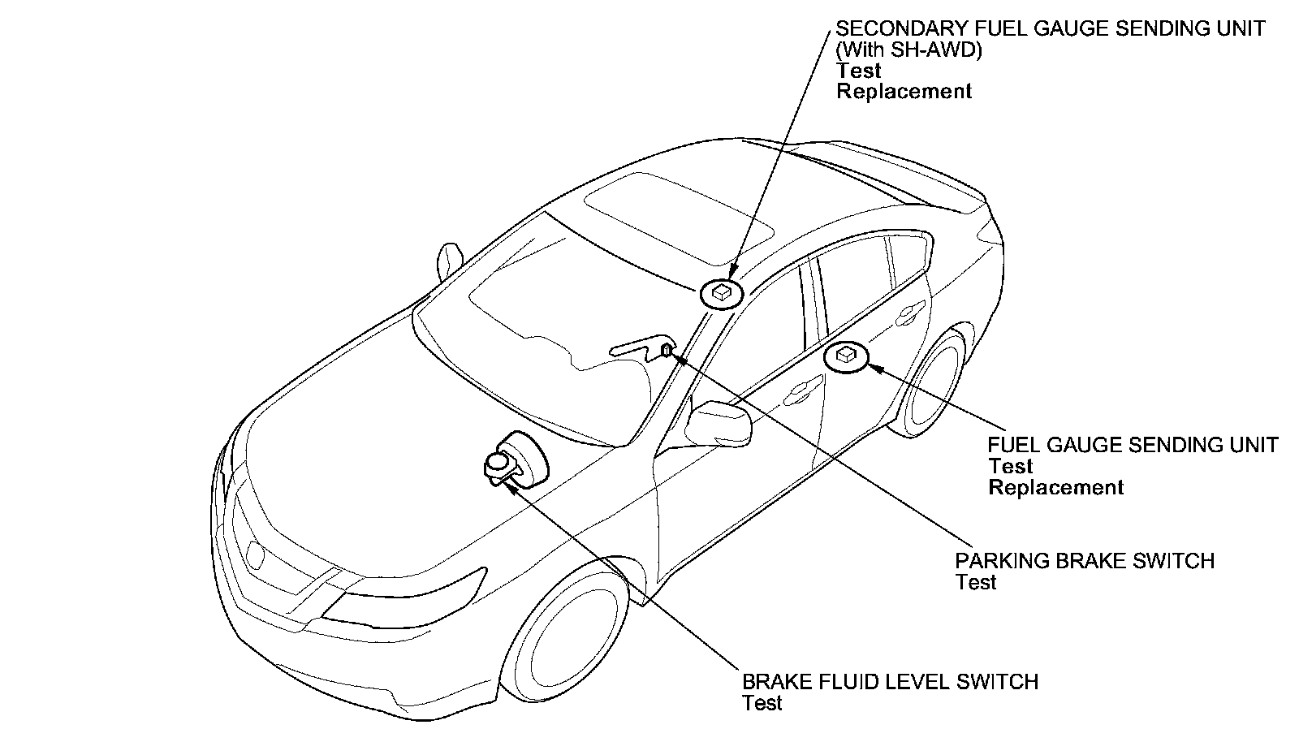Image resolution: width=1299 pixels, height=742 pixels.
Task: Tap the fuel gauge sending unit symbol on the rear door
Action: (x=846, y=356)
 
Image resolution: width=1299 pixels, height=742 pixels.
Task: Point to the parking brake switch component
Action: (x=667, y=350)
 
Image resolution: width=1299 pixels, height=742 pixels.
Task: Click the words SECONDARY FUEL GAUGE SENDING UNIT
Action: (x=1050, y=28)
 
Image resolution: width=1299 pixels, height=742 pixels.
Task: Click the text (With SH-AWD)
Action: (x=909, y=50)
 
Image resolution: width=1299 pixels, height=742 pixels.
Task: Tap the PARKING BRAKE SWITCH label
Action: (x=1084, y=561)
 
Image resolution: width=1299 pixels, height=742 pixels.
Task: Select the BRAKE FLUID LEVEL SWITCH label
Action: (x=890, y=681)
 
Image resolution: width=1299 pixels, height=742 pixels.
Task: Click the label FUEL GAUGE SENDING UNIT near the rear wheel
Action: (x=1133, y=445)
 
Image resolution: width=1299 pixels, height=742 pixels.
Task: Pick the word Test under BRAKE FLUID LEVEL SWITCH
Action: (x=762, y=703)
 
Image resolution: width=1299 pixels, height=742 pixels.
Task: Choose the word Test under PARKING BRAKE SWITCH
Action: (x=975, y=582)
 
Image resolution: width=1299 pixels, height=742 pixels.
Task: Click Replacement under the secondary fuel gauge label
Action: (x=904, y=92)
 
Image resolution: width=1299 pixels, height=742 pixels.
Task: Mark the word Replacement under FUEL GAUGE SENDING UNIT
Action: (x=1055, y=487)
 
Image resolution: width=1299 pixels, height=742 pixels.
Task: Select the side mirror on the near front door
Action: (x=720, y=422)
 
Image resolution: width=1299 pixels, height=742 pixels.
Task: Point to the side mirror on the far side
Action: (x=447, y=260)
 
